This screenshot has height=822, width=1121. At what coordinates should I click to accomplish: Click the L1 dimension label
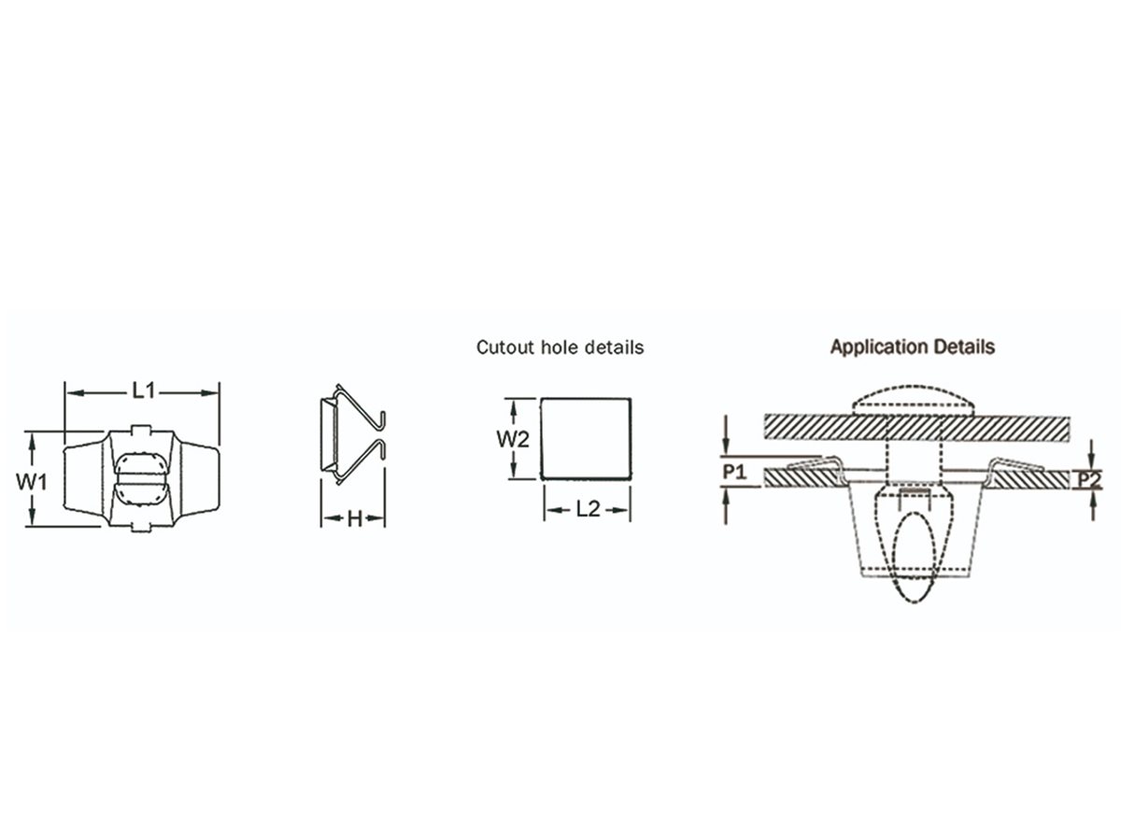click(144, 390)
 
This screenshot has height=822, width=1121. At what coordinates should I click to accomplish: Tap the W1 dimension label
click(32, 482)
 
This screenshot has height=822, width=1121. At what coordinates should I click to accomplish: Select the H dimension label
click(354, 519)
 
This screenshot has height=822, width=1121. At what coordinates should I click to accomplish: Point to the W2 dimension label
click(513, 440)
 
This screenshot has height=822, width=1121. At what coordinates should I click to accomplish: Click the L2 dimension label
click(588, 509)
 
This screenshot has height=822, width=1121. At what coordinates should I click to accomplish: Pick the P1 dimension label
click(734, 472)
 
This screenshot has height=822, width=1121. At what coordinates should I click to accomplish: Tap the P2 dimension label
click(1089, 480)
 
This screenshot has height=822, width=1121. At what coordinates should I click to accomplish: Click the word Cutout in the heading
click(505, 347)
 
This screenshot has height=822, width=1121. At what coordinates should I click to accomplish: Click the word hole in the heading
click(559, 347)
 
